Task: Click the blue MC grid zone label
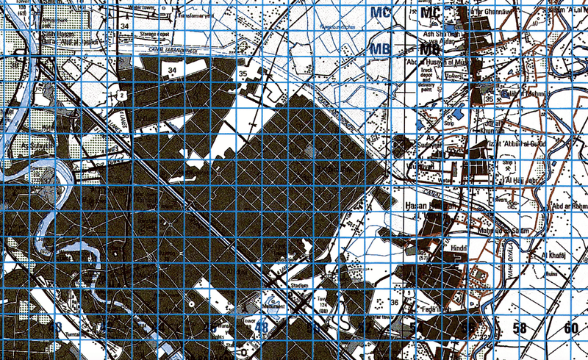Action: pos(380,12)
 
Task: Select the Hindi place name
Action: pos(459,249)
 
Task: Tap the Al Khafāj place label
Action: pos(551,255)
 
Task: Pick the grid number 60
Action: pos(571,328)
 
